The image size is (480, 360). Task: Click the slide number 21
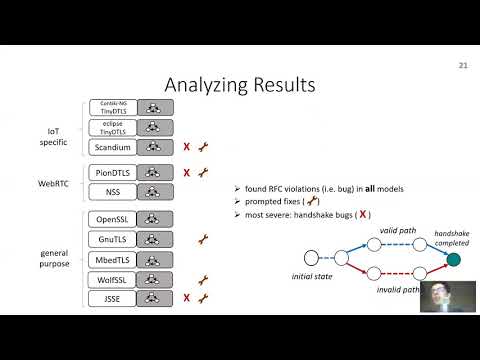pos(463,67)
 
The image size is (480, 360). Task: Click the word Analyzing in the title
pos(205,86)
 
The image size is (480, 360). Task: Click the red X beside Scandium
pos(187,147)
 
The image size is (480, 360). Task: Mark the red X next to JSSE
pos(187,298)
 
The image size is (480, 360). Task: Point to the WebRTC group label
pos(54,180)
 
